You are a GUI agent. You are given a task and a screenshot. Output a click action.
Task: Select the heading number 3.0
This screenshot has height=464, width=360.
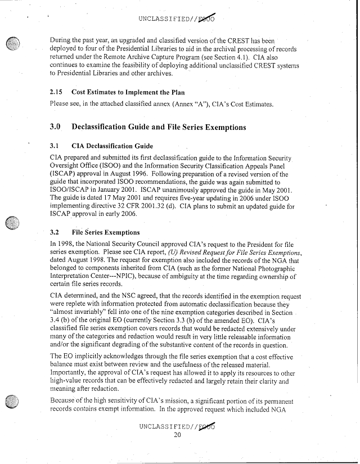pyautogui.click(x=57, y=128)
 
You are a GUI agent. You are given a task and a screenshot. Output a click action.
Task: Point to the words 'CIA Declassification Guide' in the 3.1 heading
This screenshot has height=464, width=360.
pyautogui.click(x=113, y=145)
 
